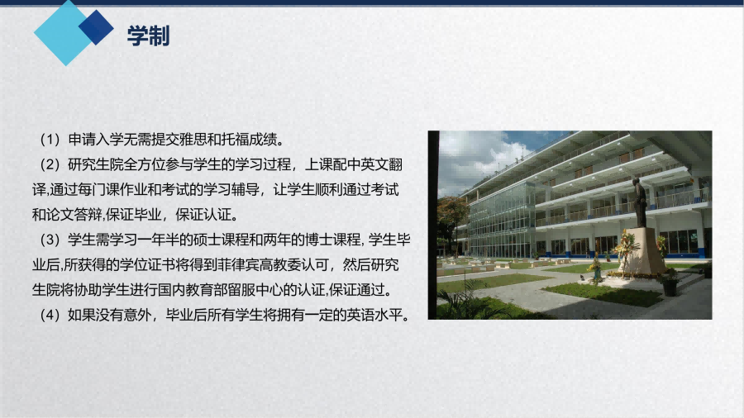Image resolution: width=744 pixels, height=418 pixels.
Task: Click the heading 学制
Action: [x=149, y=36]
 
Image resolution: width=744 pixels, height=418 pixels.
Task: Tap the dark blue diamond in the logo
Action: [x=97, y=27]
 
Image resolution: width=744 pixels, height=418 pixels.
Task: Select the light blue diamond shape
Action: [x=64, y=34]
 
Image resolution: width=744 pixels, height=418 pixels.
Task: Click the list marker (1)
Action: [x=50, y=140]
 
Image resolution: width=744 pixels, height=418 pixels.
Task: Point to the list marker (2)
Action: [x=50, y=164]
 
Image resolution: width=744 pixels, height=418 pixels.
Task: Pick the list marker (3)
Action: [x=50, y=240]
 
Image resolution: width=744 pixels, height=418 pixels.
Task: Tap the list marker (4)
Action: [x=50, y=316]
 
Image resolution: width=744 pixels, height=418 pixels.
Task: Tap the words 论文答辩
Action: [x=74, y=215]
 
